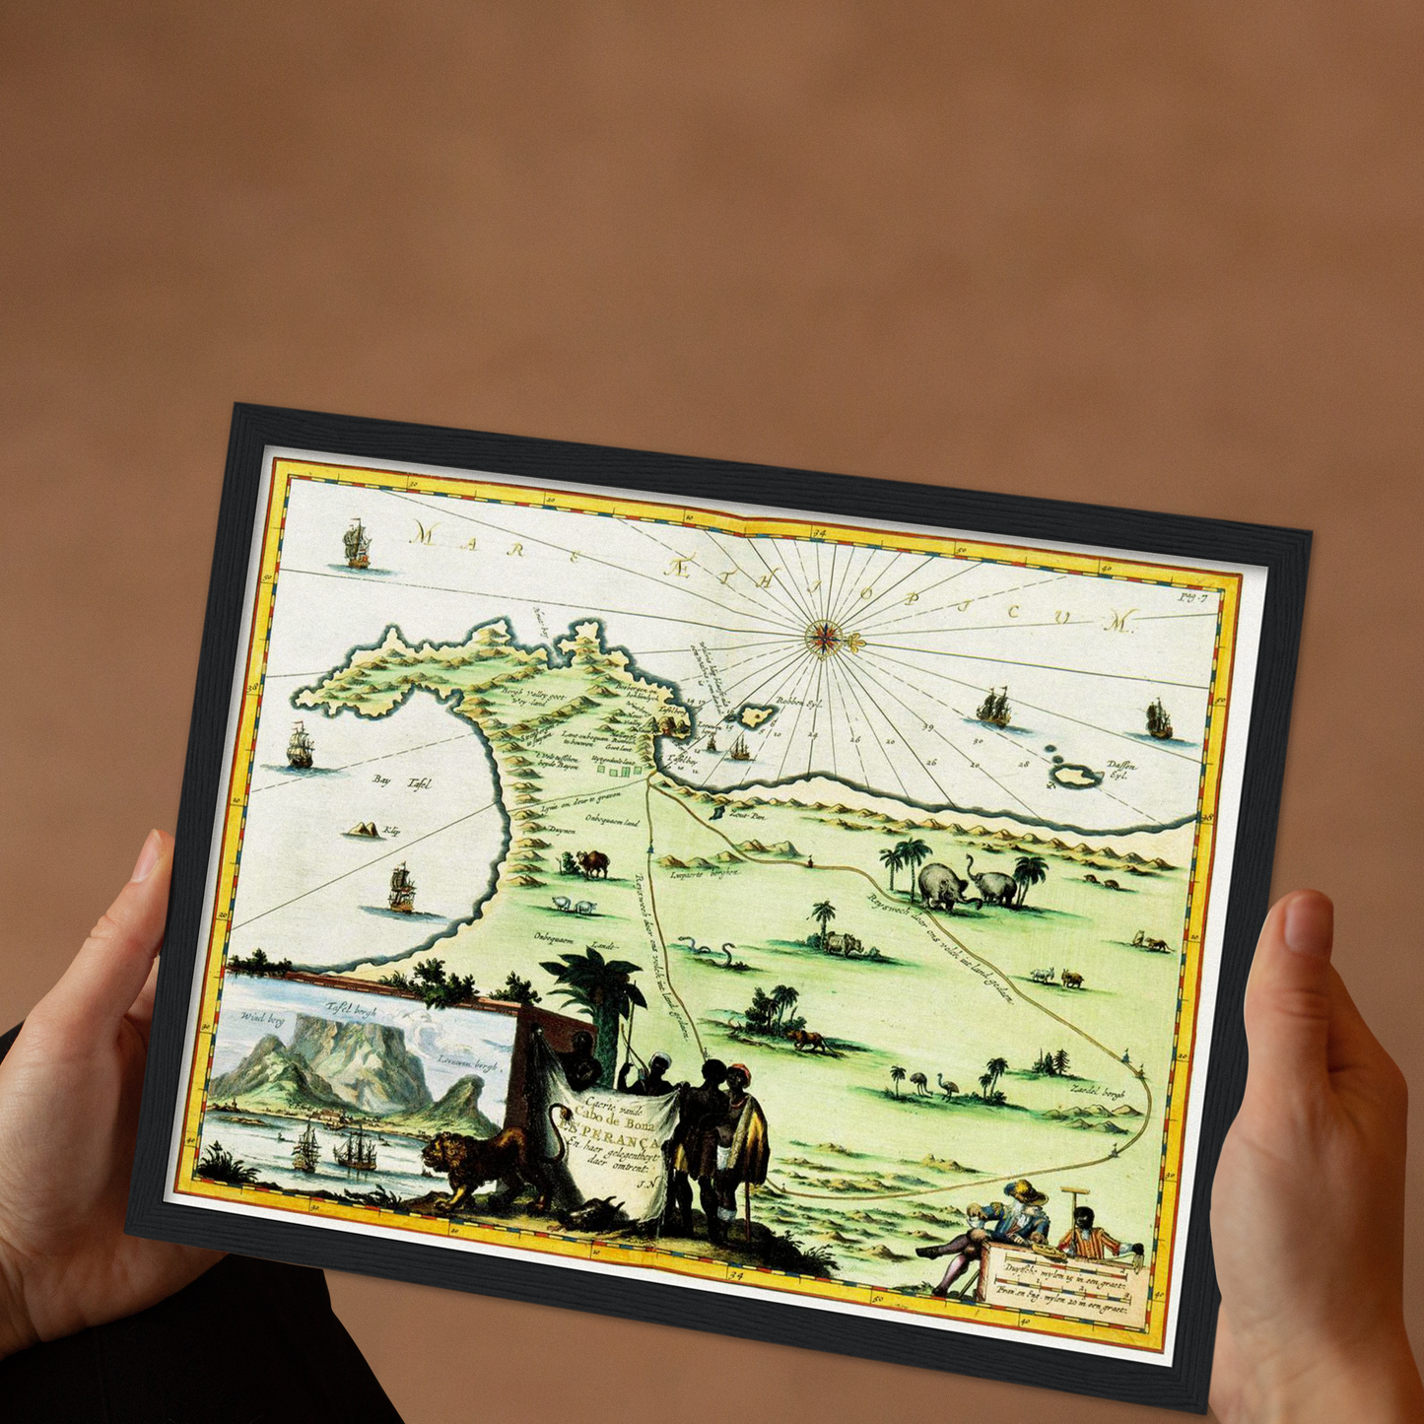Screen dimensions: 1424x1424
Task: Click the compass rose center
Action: pyautogui.click(x=822, y=638)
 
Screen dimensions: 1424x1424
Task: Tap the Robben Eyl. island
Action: pyautogui.click(x=757, y=714)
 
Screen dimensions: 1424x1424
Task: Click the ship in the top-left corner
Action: pyautogui.click(x=356, y=545)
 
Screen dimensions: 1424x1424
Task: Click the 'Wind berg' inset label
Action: pyautogui.click(x=261, y=1018)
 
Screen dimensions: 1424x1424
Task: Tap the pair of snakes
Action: pyautogui.click(x=710, y=951)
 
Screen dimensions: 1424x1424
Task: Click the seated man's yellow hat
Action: pyautogui.click(x=1025, y=1190)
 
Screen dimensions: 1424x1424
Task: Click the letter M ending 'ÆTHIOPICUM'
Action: pyautogui.click(x=1120, y=622)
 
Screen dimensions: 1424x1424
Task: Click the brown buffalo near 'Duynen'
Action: pyautogui.click(x=593, y=864)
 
